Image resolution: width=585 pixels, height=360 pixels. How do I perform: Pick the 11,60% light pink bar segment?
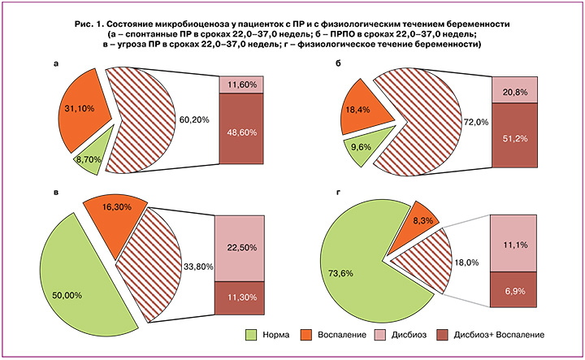coord(242,85)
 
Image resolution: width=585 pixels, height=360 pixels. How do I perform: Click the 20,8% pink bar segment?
coord(515,90)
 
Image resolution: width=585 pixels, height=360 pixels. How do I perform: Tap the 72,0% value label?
coord(475,122)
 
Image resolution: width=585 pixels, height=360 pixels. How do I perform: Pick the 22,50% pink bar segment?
coord(240,249)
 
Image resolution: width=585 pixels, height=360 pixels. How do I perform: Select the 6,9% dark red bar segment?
coord(513,289)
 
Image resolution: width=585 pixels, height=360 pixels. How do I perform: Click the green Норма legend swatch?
coord(251,335)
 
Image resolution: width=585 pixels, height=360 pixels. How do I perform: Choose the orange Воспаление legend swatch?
coord(306,335)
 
